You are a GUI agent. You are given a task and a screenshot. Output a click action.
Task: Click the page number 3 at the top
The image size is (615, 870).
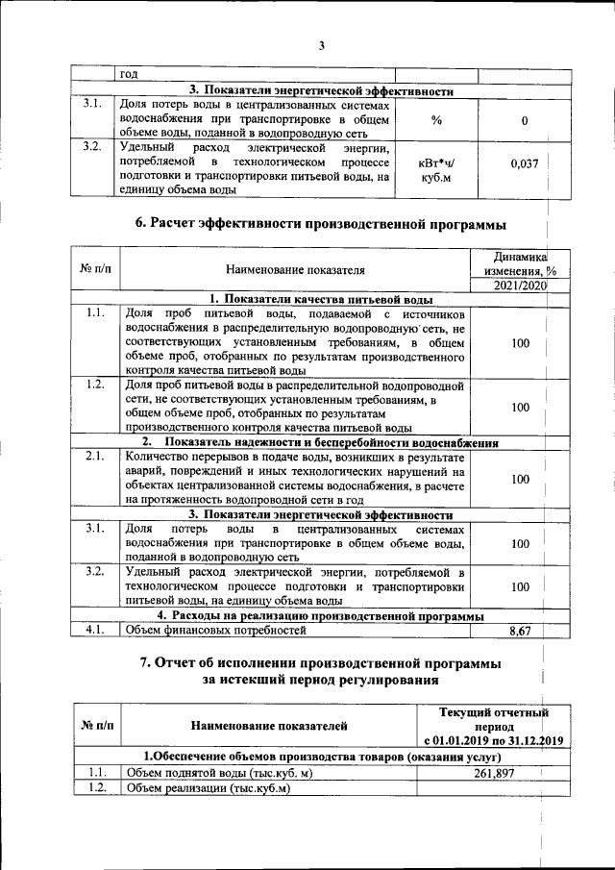[x=322, y=45]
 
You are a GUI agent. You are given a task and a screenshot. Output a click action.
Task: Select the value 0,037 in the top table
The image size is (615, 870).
[x=524, y=164]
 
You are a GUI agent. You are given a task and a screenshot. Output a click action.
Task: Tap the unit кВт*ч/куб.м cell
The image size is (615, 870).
[x=435, y=170]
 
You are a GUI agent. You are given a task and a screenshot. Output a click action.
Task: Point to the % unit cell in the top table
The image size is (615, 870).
[x=435, y=120]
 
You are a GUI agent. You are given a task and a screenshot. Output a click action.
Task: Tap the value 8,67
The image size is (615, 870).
[x=525, y=631]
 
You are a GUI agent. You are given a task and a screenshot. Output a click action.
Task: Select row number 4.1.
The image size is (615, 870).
[x=94, y=631]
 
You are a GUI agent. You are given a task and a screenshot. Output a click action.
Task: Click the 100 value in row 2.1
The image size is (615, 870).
[x=520, y=479]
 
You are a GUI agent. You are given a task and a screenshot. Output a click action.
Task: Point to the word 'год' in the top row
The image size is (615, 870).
[x=129, y=74]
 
